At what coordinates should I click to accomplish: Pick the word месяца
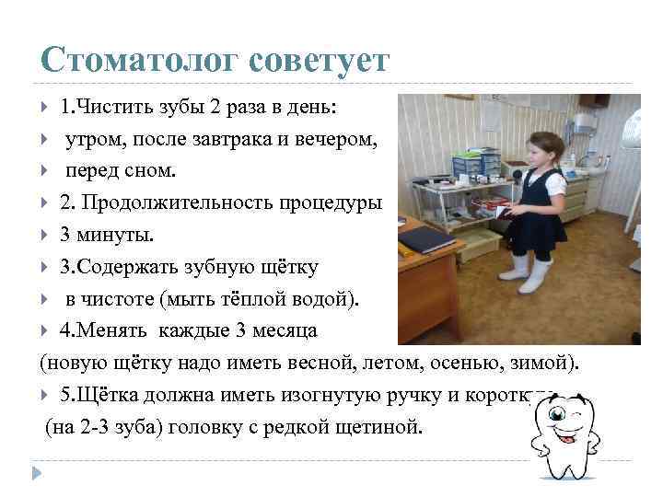pyautogui.click(x=285, y=330)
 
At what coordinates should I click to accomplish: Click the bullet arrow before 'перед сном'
pyautogui.click(x=47, y=171)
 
